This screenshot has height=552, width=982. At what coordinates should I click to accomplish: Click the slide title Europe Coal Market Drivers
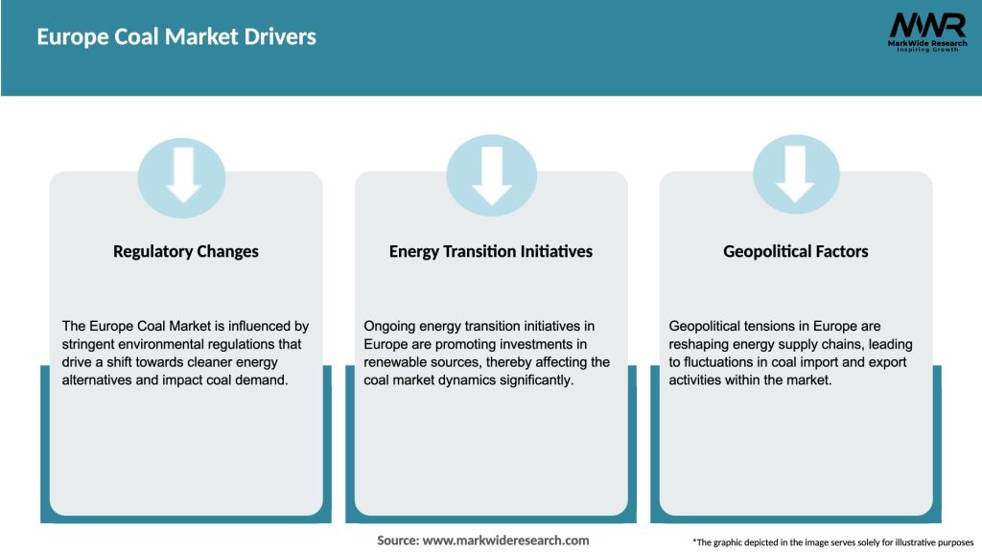tap(176, 37)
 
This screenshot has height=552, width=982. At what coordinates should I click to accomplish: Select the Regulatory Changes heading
tap(186, 252)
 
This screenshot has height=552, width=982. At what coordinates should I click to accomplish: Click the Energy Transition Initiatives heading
tap(491, 252)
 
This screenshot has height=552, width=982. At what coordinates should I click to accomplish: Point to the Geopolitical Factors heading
tap(796, 252)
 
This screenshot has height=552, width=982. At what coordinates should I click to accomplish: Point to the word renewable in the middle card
tap(397, 362)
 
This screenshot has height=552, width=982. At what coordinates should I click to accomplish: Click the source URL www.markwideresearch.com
tap(506, 540)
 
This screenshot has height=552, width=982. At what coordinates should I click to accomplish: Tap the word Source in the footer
tap(397, 540)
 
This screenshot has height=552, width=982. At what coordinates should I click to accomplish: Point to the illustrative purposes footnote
tap(832, 542)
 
